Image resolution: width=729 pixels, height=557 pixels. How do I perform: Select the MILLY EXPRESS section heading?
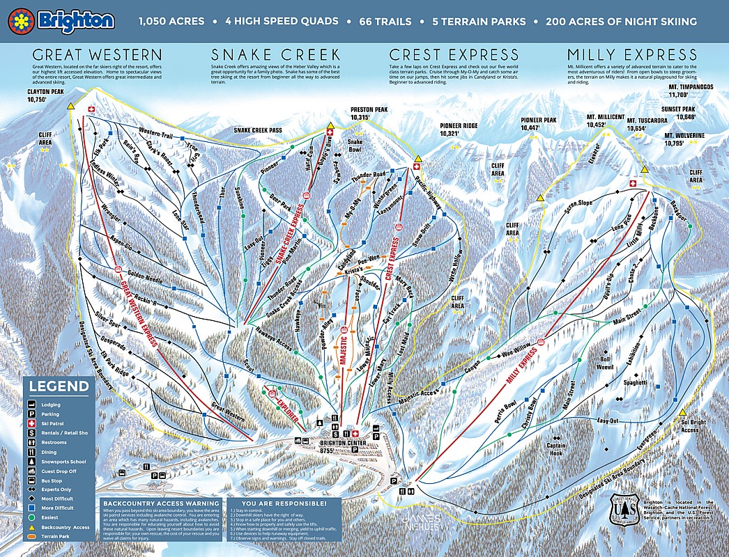631,54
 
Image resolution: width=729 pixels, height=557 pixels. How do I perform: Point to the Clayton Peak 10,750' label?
46,95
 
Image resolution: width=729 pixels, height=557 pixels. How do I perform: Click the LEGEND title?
59,386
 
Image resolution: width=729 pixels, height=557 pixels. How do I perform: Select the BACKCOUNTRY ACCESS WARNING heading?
160,503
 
